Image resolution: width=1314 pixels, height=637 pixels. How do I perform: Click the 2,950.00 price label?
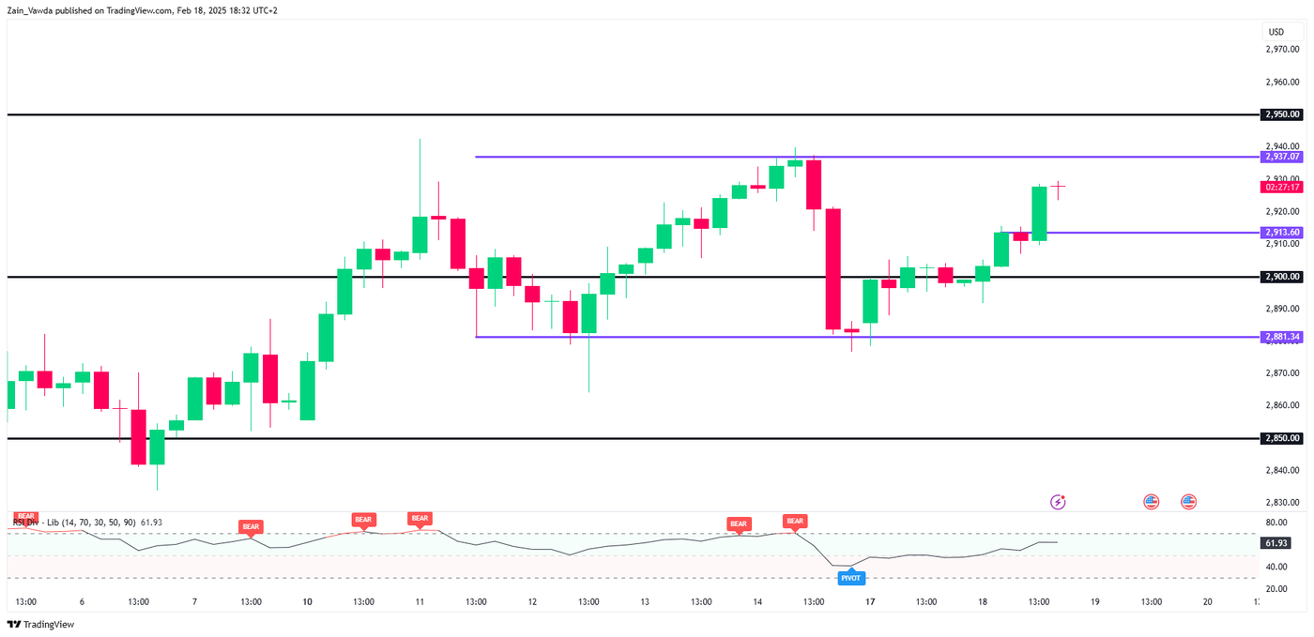coord(1282,114)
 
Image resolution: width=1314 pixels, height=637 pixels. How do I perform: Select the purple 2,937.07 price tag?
coord(1282,157)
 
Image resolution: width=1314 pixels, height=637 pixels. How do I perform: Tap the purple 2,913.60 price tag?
coord(1282,232)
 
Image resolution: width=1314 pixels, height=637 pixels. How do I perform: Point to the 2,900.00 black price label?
coord(1282,277)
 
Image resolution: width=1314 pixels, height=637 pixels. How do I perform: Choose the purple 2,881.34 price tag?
coord(1282,337)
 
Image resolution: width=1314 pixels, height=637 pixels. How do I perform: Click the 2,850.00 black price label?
coord(1282,438)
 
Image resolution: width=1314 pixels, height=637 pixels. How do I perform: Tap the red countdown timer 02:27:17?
coord(1282,187)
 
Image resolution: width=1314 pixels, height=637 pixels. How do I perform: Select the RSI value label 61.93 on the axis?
coord(1276,543)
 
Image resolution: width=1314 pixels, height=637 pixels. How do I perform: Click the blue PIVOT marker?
coord(850,578)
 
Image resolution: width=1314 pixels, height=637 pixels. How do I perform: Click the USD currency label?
coord(1276,32)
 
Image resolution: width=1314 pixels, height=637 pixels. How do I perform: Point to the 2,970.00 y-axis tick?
coord(1282,50)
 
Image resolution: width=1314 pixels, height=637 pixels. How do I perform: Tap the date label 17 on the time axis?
coord(870,602)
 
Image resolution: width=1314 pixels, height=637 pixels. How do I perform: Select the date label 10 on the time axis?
coord(307,602)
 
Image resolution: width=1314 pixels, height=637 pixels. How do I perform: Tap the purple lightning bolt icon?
coord(1058,502)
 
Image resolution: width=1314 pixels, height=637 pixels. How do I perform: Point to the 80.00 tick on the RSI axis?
coord(1276,523)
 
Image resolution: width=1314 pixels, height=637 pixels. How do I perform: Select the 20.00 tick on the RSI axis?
coord(1276,589)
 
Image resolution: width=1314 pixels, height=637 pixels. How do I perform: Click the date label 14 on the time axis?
coord(757,602)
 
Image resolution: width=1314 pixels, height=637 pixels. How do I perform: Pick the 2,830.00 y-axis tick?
coord(1282,502)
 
